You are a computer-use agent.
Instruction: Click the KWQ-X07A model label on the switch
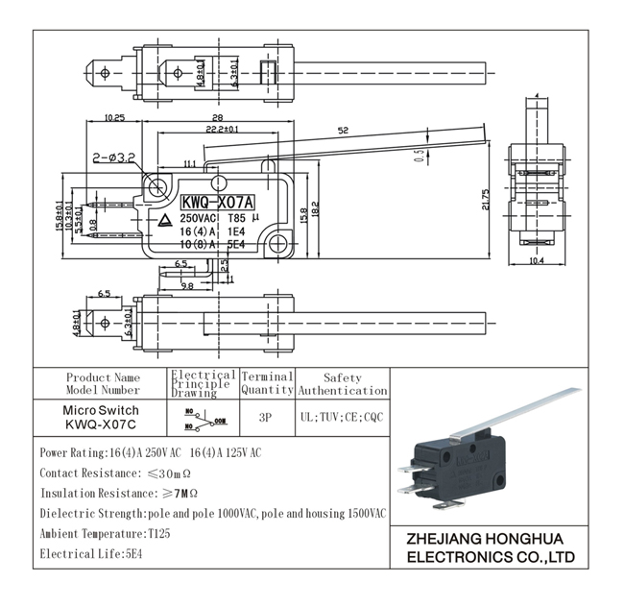tap(217, 203)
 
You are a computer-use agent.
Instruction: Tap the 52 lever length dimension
tap(343, 131)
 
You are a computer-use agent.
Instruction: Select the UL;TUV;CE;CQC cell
tap(342, 419)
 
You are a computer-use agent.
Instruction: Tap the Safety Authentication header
tap(342, 384)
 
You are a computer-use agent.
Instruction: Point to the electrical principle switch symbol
tap(203, 419)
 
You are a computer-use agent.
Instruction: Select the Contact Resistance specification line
tap(115, 473)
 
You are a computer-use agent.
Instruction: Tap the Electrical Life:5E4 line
tap(87, 554)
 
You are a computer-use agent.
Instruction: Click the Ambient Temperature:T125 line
tap(105, 534)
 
